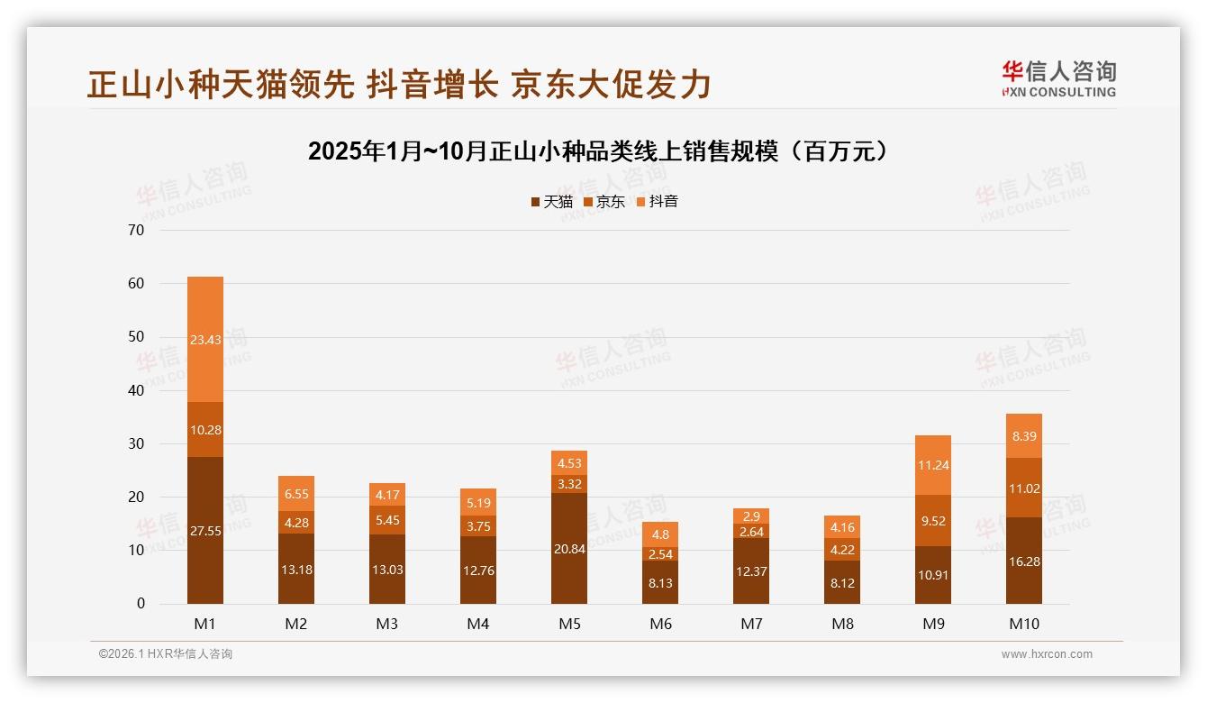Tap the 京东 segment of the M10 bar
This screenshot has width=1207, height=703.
[x=1024, y=488]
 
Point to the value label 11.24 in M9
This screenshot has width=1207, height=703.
[x=933, y=466]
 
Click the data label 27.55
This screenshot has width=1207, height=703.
[x=205, y=531]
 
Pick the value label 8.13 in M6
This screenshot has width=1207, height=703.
[x=660, y=583]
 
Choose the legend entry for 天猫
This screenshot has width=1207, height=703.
[x=552, y=202]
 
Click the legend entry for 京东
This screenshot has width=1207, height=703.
[x=604, y=202]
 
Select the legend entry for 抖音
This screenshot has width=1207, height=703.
[x=658, y=202]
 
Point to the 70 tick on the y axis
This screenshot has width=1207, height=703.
[x=136, y=230]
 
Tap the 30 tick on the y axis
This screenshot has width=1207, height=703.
[x=136, y=443]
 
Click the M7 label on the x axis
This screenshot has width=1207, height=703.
[x=751, y=624]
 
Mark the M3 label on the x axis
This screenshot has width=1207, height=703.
[x=387, y=624]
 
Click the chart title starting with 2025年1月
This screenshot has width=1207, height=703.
[x=603, y=151]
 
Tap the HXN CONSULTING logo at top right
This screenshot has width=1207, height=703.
[x=1058, y=79]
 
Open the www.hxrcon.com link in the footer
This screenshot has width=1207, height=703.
[x=1047, y=654]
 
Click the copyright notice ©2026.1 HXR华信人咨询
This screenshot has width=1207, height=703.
[x=166, y=654]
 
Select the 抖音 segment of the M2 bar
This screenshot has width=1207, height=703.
[x=296, y=493]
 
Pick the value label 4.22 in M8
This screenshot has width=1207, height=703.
[x=842, y=549]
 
